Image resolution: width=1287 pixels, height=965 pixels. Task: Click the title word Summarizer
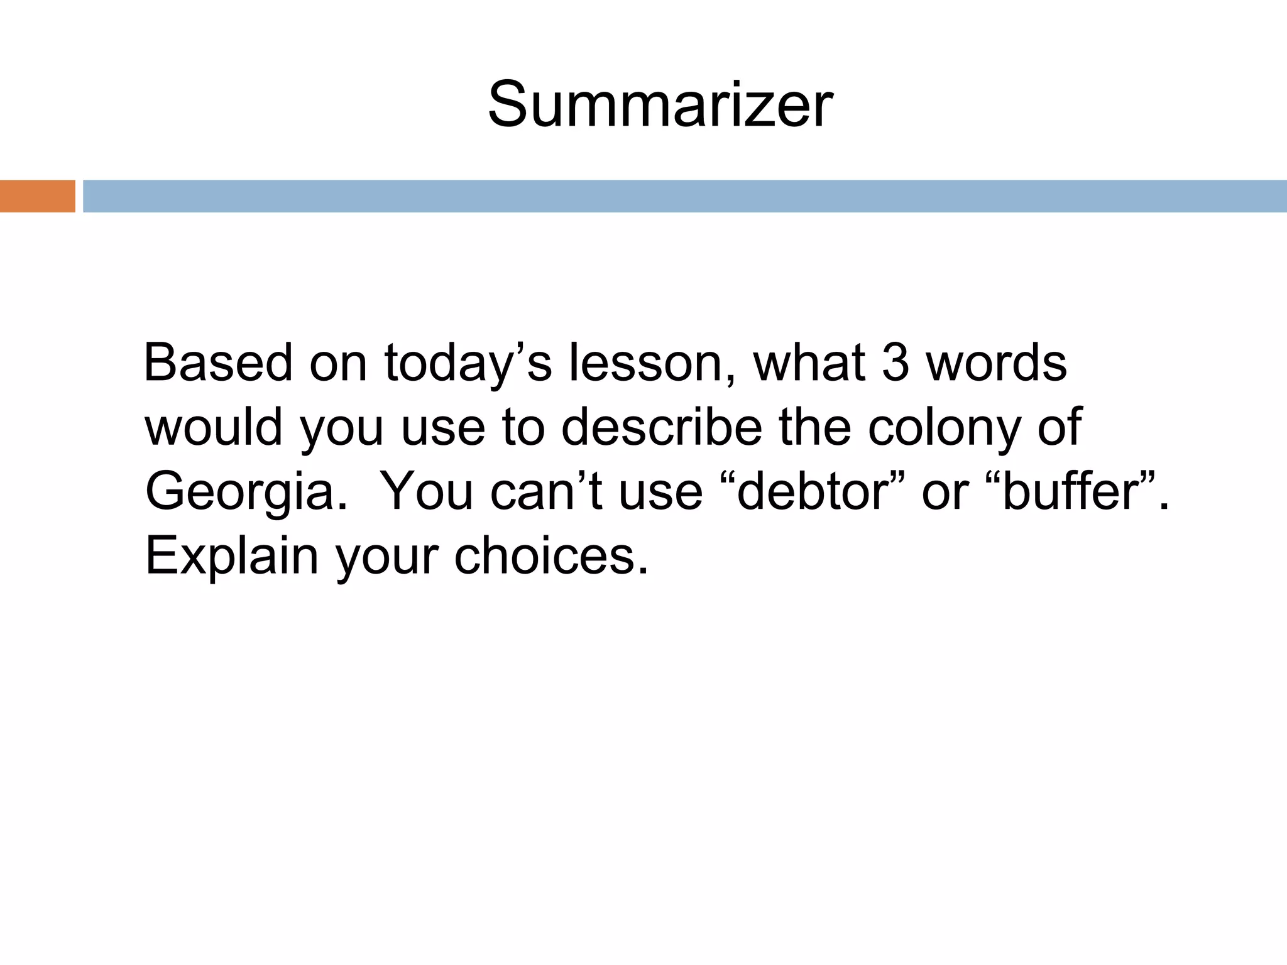tap(660, 105)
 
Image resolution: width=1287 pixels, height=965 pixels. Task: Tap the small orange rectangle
tap(37, 196)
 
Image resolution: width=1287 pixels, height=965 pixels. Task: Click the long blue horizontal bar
tap(684, 196)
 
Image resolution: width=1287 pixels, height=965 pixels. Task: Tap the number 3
tap(895, 363)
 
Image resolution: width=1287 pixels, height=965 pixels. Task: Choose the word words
tap(996, 363)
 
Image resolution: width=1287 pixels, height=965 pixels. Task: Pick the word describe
tap(661, 427)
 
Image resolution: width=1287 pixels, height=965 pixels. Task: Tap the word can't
tap(546, 491)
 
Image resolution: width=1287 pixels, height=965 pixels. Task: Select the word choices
tap(550, 555)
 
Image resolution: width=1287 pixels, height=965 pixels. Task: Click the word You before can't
tap(427, 491)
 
